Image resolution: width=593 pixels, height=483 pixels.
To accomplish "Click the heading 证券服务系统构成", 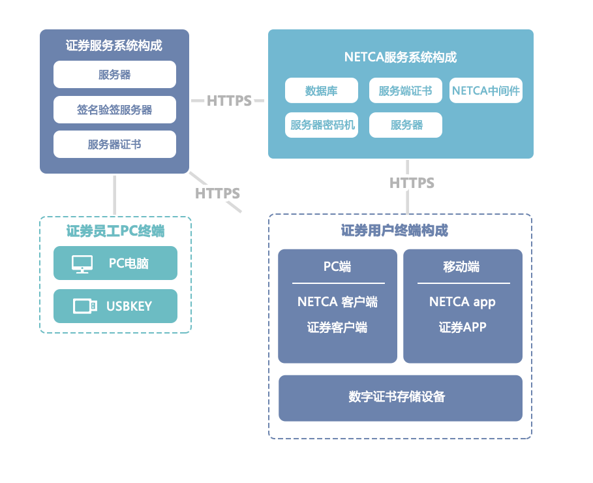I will pyautogui.click(x=114, y=46).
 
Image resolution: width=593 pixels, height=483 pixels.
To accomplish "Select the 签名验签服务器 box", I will pyautogui.click(x=115, y=110).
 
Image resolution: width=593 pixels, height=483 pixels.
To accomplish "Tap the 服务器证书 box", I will pyautogui.click(x=115, y=144).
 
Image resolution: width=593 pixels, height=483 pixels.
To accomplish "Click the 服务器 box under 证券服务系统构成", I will pyautogui.click(x=115, y=74).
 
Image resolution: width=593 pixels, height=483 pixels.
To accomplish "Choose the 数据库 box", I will pyautogui.click(x=321, y=91).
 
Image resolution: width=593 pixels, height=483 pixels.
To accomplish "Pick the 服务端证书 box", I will pyautogui.click(x=405, y=91).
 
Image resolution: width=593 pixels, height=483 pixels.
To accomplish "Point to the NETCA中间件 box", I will pyautogui.click(x=486, y=91).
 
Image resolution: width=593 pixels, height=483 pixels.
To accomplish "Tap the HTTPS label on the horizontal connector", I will pyautogui.click(x=229, y=101).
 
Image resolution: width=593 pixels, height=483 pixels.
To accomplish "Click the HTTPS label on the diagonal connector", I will pyautogui.click(x=217, y=193).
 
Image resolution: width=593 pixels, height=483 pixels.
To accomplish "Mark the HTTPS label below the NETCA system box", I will pyautogui.click(x=412, y=183).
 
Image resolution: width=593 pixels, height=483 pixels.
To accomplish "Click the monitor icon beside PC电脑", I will pyautogui.click(x=82, y=264).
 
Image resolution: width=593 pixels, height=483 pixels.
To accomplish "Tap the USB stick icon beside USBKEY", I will pyautogui.click(x=85, y=305).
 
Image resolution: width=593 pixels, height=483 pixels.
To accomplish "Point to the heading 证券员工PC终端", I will pyautogui.click(x=115, y=231).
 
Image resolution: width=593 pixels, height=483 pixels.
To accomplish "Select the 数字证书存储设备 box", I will pyautogui.click(x=400, y=397).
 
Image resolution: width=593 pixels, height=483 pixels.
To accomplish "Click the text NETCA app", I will pyautogui.click(x=462, y=302).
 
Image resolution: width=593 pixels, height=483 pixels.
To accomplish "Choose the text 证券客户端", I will pyautogui.click(x=337, y=327).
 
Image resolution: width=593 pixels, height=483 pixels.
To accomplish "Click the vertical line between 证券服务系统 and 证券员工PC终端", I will pyautogui.click(x=115, y=195).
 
